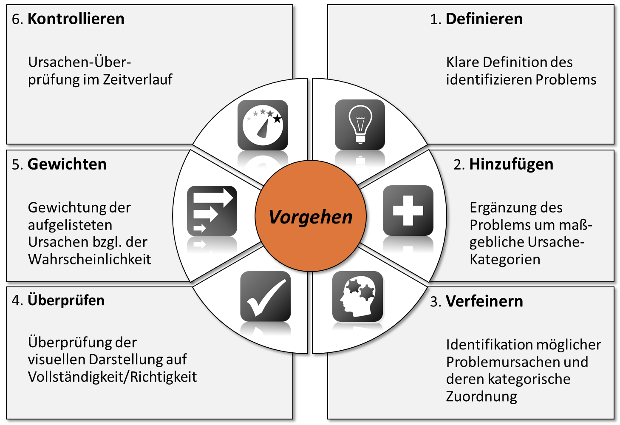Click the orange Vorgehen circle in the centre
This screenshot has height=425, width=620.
[310, 216]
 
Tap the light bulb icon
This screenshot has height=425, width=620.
[360, 125]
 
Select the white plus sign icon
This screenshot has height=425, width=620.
[408, 210]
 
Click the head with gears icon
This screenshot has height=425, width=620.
[357, 296]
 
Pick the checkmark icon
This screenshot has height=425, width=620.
[265, 296]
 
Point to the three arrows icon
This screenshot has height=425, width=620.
[212, 211]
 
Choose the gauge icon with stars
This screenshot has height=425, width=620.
[263, 125]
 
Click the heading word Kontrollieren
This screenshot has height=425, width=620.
[76, 19]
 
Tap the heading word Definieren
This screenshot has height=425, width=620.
[484, 19]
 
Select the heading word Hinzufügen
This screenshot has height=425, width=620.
[511, 164]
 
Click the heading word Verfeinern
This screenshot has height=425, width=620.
[484, 301]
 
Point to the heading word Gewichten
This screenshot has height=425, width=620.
[67, 164]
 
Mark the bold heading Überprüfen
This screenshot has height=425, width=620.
[66, 300]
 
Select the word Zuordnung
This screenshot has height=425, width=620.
[481, 396]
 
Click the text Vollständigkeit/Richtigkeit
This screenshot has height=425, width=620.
[113, 377]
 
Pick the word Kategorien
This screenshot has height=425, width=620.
[505, 259]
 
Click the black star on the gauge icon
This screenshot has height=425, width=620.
[277, 119]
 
